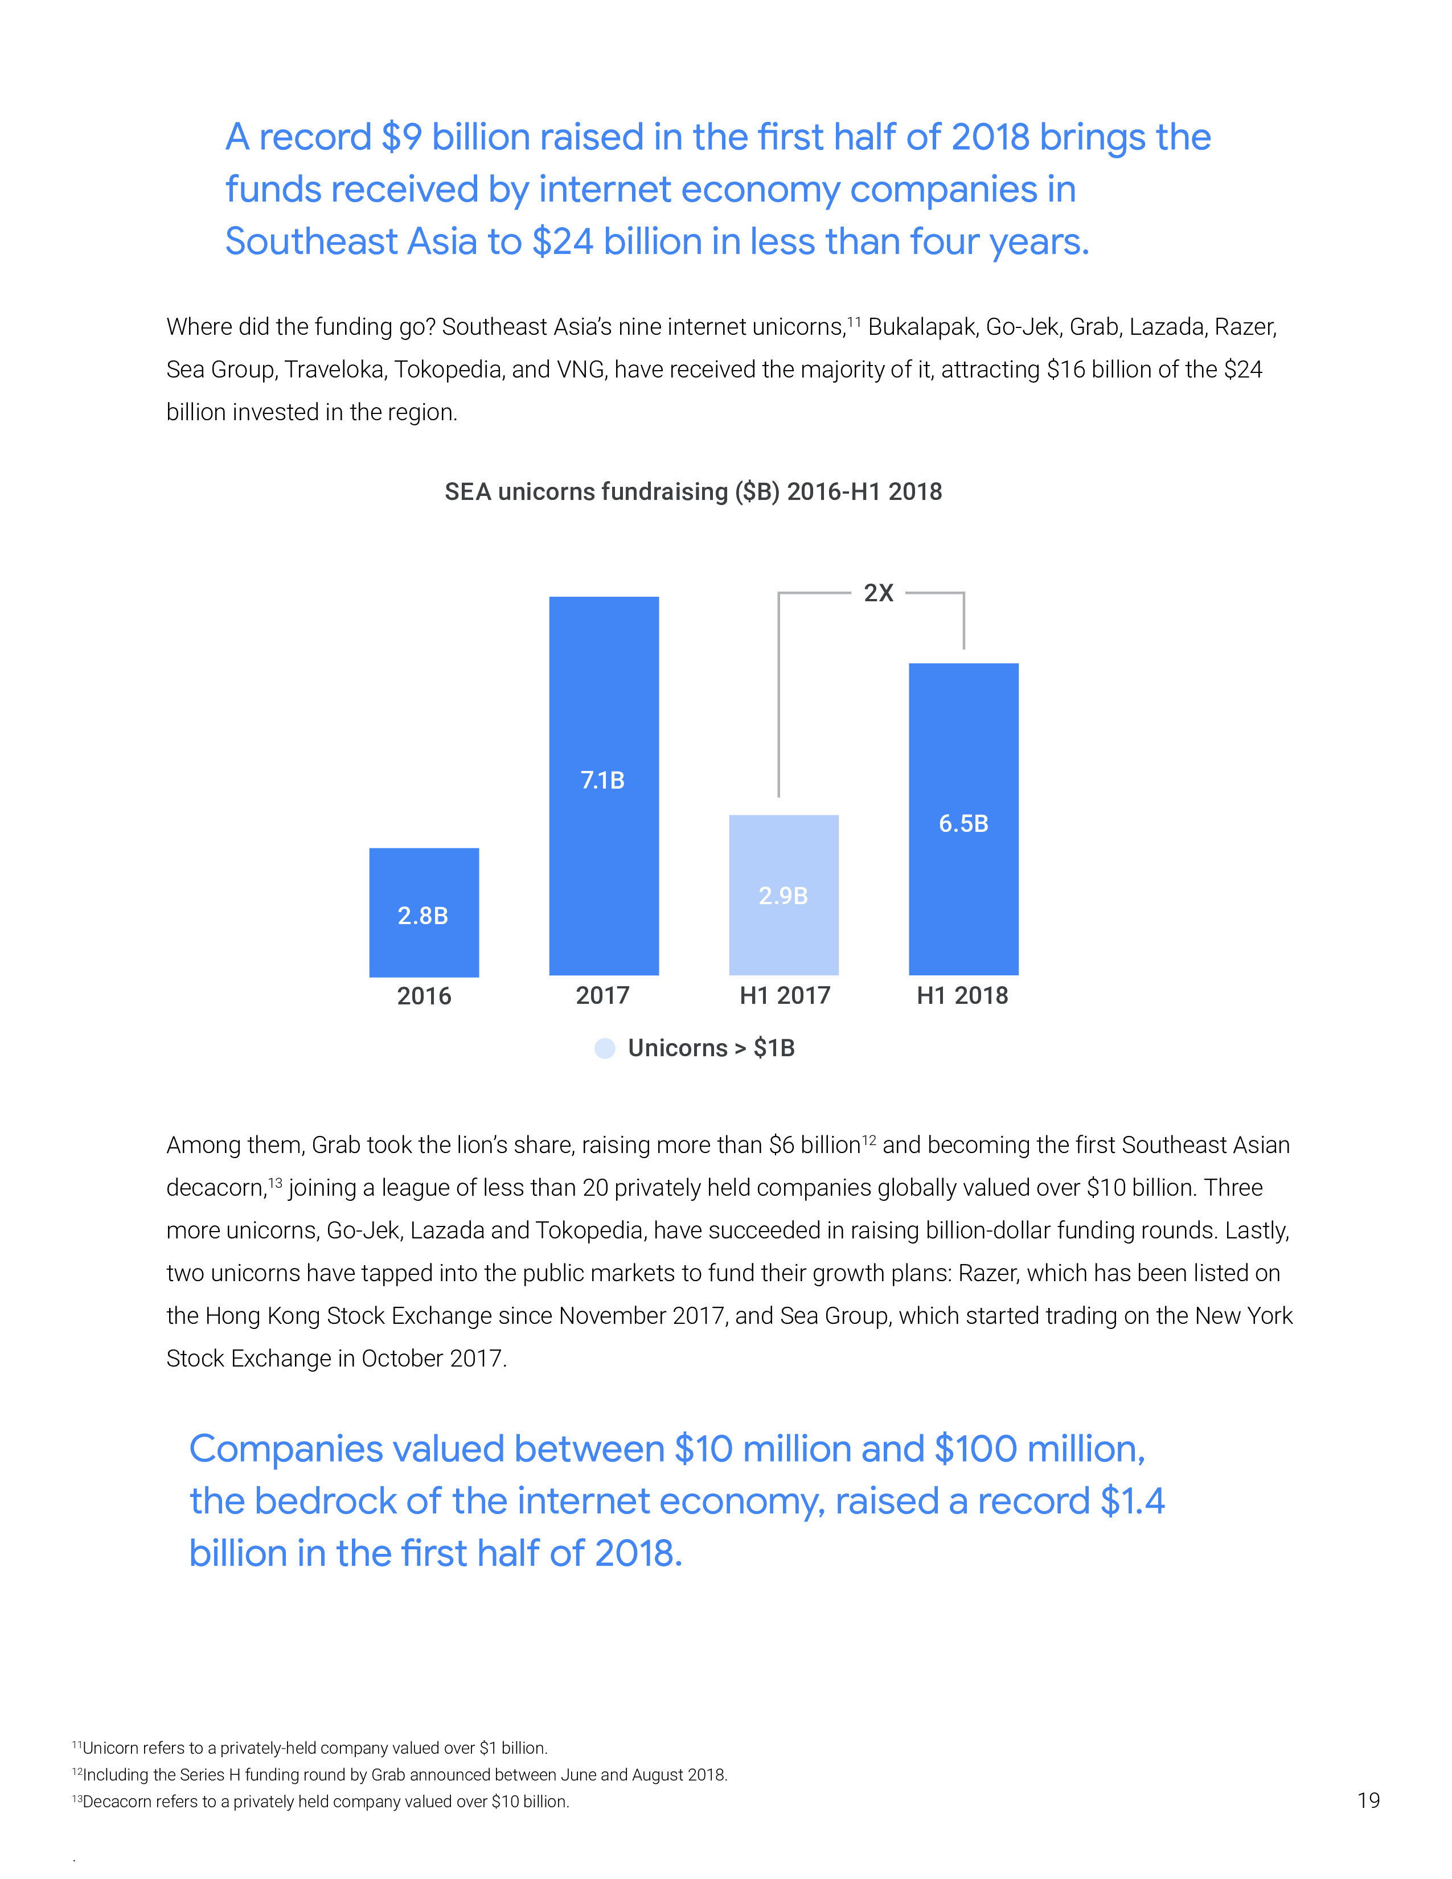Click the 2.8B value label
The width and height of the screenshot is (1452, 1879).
pos(423,916)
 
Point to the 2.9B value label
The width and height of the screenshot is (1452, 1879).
pos(783,896)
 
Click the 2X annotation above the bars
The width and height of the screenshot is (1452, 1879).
pos(878,593)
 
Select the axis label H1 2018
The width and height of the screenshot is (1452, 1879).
pos(962,995)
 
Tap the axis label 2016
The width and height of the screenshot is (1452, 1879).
pos(423,996)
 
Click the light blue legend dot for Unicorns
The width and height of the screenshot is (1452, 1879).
pos(605,1048)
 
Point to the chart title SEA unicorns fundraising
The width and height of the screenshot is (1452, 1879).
pos(694,491)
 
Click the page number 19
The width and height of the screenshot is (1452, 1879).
pos(1368,1800)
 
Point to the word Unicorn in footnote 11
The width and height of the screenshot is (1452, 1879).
pos(109,1748)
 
